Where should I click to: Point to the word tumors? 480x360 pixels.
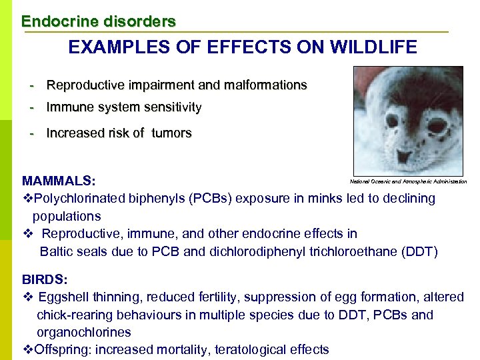coord(171,133)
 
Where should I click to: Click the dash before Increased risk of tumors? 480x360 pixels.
coord(31,133)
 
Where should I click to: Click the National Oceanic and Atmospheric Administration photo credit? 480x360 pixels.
coord(408,181)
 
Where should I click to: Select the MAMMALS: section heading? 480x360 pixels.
coord(59,181)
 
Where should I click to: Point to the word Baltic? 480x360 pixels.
coord(58,251)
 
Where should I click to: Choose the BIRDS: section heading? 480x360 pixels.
coord(45,279)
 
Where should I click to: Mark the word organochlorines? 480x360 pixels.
coord(84,332)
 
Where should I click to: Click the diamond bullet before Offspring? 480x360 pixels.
coord(27,349)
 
